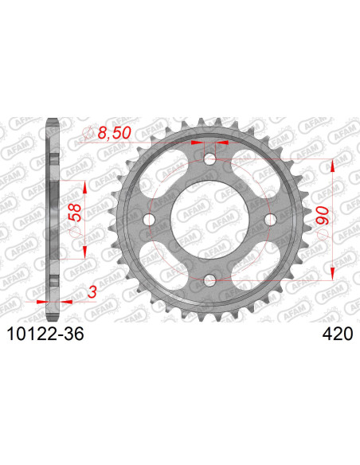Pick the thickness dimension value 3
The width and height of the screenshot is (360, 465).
point(92,293)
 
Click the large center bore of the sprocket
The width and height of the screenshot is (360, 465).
point(209,219)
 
